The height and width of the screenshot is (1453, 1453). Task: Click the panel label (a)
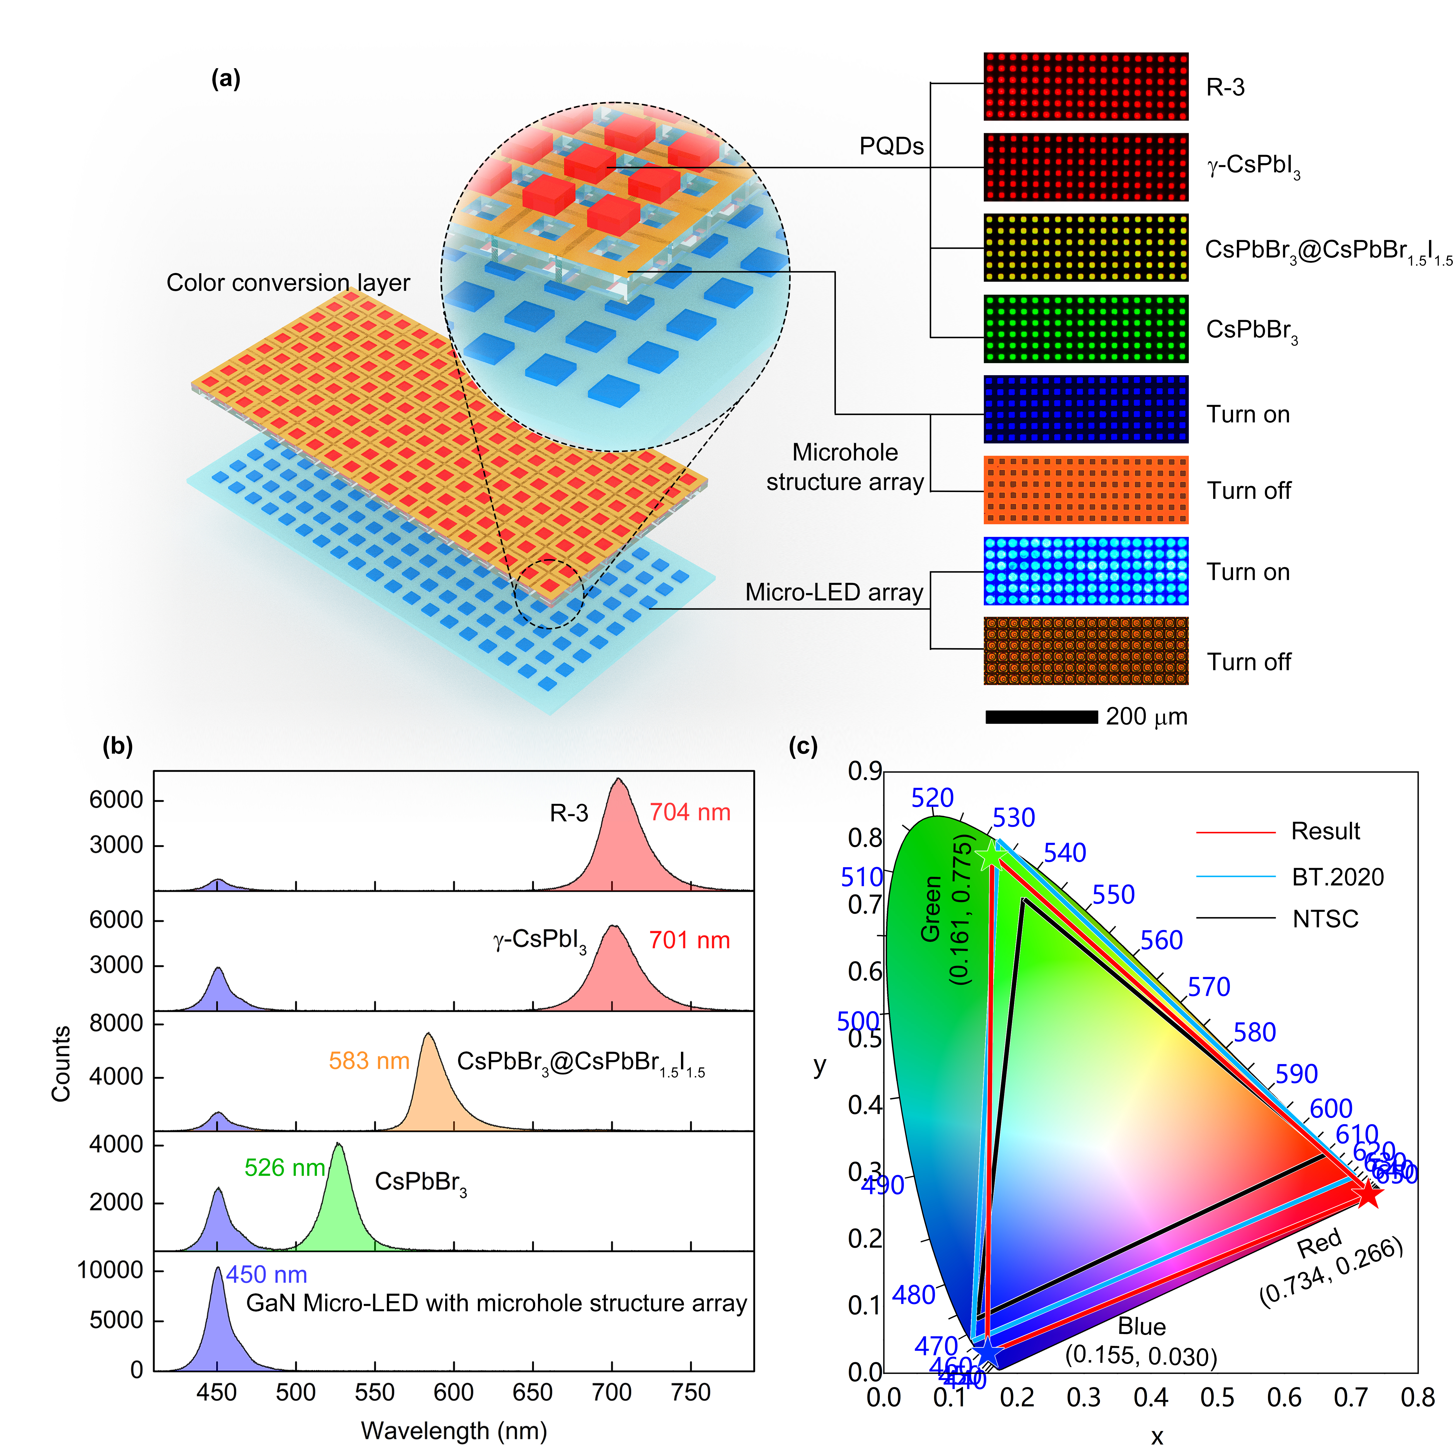point(226,78)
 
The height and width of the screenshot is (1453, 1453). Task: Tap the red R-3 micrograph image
point(1085,86)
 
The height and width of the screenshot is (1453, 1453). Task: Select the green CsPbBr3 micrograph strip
point(1085,329)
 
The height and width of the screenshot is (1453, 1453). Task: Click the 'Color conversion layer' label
point(288,283)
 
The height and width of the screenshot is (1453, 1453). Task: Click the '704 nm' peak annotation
point(690,812)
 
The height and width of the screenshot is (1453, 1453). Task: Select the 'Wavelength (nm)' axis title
point(453,1430)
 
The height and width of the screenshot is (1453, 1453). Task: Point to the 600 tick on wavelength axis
point(453,1393)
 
